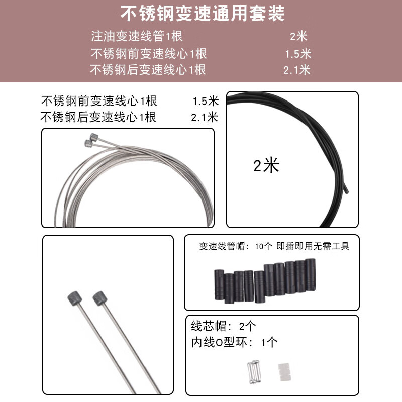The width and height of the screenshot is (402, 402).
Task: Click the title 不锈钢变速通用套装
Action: [200, 13]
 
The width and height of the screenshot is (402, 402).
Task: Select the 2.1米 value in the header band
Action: [296, 70]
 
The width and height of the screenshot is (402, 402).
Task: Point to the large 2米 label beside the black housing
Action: [266, 165]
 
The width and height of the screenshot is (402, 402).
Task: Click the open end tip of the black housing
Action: [346, 189]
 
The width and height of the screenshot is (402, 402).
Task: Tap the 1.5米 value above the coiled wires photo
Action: [205, 100]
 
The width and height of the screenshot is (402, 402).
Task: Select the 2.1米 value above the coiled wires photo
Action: [204, 118]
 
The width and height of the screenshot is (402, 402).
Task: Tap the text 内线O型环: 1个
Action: [234, 343]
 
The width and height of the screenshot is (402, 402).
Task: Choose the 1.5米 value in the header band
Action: [298, 53]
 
